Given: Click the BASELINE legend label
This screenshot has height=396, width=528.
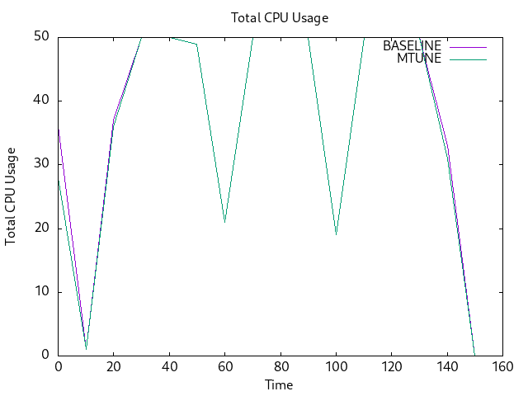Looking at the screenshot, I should (412, 45).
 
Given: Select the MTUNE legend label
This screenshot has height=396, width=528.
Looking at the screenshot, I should (419, 59).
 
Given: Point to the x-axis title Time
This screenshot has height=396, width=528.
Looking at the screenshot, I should (279, 384).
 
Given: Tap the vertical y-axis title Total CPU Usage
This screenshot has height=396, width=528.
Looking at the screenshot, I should (11, 196).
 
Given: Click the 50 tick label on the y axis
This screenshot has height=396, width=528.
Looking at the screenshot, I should (41, 36).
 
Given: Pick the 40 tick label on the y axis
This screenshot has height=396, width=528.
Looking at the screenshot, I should (41, 101).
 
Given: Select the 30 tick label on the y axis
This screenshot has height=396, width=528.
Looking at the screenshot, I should (41, 164).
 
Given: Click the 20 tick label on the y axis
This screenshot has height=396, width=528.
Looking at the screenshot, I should (41, 228).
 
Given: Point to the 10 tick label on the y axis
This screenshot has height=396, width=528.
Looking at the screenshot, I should (41, 291).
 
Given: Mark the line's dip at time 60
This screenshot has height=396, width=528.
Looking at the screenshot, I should (224, 222).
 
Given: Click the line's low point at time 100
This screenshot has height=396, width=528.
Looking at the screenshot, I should (336, 234).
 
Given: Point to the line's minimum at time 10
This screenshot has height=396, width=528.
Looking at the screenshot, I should (86, 348).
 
